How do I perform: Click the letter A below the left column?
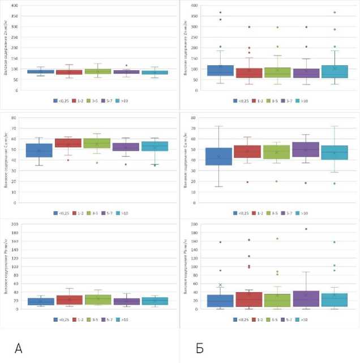click(x=18, y=348)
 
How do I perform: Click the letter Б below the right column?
click(x=200, y=348)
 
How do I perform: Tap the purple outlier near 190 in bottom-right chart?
click(x=306, y=229)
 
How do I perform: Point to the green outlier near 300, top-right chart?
click(x=277, y=27)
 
